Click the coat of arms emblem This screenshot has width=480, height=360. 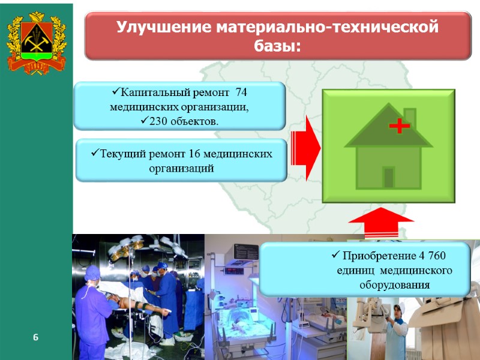[x=35, y=44]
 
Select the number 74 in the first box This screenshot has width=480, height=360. [x=241, y=93]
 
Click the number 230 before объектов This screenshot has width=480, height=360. [x=157, y=121]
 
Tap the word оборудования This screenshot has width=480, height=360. [x=394, y=284]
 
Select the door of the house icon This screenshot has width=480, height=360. [x=388, y=177]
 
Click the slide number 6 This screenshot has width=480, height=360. [x=35, y=338]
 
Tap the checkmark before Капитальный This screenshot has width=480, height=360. [x=115, y=93]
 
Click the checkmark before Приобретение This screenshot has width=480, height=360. [x=335, y=256]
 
